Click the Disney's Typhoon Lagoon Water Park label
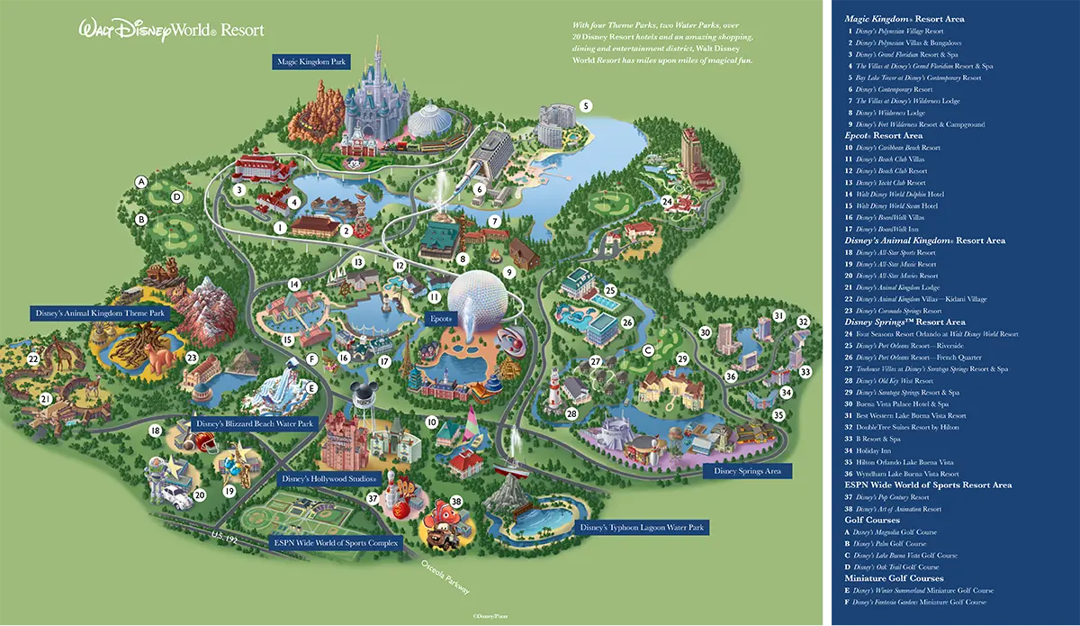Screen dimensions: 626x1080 (x=642, y=527)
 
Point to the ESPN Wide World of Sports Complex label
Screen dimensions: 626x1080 (x=335, y=543)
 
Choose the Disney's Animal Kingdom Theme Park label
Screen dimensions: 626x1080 (x=100, y=313)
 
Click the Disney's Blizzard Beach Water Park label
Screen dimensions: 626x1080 (x=256, y=423)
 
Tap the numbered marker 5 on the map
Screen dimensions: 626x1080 (x=586, y=105)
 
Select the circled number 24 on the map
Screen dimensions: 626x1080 (x=667, y=201)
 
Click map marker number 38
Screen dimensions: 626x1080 (x=456, y=502)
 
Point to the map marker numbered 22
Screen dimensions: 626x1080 (x=33, y=359)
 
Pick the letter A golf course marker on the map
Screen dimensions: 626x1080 (x=140, y=182)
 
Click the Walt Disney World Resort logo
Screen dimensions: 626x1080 (x=171, y=29)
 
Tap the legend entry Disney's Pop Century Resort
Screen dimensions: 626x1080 (x=892, y=497)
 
